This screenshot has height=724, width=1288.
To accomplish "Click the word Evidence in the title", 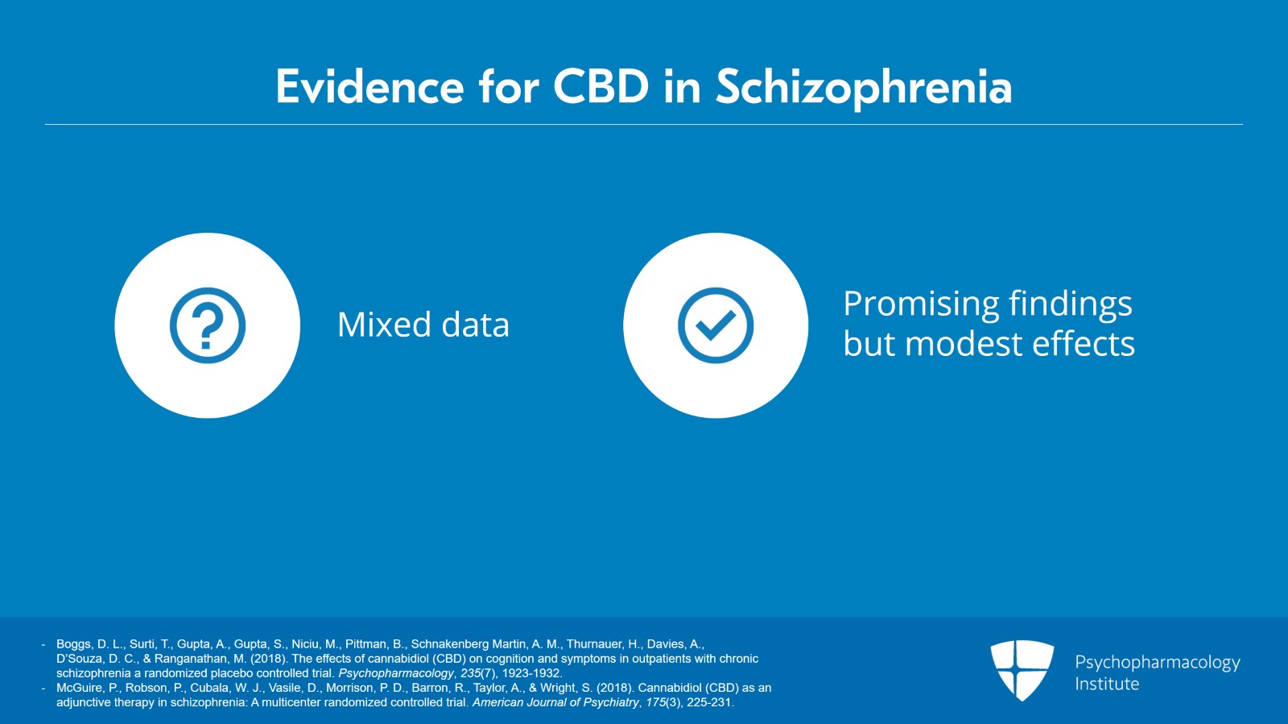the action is click(x=369, y=88).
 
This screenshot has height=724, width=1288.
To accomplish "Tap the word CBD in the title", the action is click(x=601, y=88).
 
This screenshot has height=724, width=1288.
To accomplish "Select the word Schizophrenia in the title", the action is click(x=864, y=89).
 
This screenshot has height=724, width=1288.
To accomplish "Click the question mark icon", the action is click(x=208, y=325).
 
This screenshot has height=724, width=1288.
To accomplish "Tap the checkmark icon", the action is click(x=716, y=325).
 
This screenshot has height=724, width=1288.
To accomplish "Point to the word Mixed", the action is click(x=384, y=325).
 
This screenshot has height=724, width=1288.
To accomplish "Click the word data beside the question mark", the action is click(x=475, y=325).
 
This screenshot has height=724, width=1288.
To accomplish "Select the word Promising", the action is click(x=921, y=304).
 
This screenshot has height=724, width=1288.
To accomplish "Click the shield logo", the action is click(x=1022, y=670).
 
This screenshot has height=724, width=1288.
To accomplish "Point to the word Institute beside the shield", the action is click(x=1107, y=684).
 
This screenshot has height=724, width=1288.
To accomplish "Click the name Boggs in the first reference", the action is click(x=72, y=644).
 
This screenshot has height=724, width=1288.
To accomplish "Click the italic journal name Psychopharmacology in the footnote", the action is click(x=395, y=673).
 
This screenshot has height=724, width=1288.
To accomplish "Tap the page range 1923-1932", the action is click(x=532, y=672).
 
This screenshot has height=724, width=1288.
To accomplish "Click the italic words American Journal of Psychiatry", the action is click(x=555, y=703).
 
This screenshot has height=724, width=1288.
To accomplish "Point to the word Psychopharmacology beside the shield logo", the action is click(x=1158, y=663).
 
